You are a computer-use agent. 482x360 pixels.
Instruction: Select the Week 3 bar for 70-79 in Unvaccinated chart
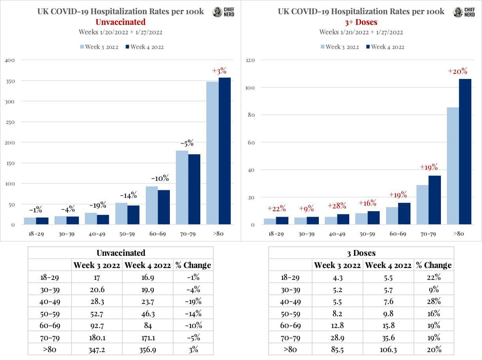[182, 187]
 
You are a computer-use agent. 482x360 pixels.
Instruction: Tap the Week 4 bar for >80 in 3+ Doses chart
[465, 152]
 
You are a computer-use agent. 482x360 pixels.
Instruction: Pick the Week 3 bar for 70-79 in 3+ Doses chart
[422, 205]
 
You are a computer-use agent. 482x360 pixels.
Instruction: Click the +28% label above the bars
[337, 206]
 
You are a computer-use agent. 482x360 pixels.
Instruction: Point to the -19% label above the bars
[97, 205]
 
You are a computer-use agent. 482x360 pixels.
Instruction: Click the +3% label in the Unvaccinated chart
[219, 71]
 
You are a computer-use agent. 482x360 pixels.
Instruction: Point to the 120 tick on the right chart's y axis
[250, 60]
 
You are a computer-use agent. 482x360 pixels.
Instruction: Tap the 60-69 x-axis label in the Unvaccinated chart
[157, 234]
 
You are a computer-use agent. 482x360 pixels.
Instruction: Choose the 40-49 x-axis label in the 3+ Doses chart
[337, 234]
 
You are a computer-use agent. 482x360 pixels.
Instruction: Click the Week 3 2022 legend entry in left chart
[99, 47]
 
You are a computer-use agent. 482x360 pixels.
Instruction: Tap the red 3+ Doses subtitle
[361, 22]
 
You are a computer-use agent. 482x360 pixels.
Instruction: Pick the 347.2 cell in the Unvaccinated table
[98, 349]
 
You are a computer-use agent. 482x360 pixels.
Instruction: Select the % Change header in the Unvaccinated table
[193, 265]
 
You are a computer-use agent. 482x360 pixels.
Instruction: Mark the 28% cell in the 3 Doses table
[434, 301]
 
